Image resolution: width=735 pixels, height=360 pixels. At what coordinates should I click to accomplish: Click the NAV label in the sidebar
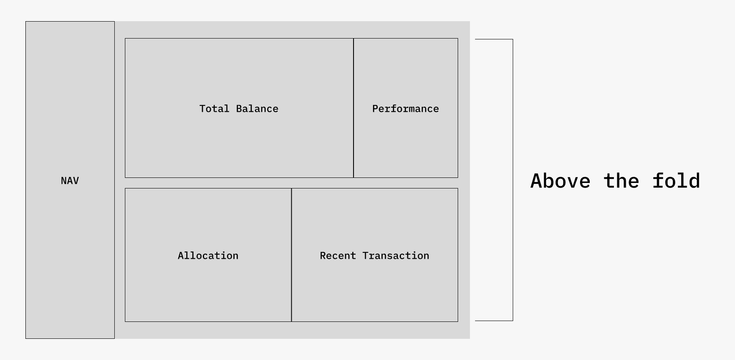click(70, 181)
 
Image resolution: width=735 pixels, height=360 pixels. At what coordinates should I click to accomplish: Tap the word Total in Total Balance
click(214, 109)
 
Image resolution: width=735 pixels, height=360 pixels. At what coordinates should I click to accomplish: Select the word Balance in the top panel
click(257, 109)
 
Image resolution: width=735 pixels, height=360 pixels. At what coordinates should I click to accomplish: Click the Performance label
click(405, 109)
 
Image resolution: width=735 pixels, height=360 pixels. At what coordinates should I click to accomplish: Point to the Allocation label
click(208, 256)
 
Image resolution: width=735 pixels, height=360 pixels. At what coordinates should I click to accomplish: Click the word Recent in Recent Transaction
click(337, 256)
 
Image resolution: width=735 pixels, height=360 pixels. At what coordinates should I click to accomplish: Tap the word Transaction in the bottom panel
click(395, 256)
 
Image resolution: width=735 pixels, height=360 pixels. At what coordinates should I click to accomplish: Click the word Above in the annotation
click(560, 181)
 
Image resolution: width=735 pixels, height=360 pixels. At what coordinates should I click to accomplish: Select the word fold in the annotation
click(676, 181)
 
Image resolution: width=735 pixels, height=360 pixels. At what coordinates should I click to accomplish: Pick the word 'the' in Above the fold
click(621, 181)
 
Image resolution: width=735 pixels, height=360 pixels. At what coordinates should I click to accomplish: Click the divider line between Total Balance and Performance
click(354, 140)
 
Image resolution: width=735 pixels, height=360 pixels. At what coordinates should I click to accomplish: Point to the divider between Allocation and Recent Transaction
click(291, 288)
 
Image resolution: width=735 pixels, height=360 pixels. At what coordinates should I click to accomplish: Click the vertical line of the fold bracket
click(513, 127)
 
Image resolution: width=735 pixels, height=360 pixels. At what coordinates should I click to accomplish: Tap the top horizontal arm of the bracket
click(494, 39)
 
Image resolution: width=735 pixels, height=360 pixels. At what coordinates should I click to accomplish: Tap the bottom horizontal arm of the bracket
click(494, 321)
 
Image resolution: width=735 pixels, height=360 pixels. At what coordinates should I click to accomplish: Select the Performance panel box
click(405, 144)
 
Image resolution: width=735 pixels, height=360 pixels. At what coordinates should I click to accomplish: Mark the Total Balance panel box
click(239, 144)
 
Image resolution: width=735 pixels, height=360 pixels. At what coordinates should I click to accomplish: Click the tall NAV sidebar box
click(70, 254)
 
